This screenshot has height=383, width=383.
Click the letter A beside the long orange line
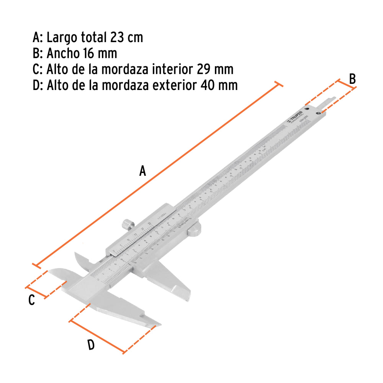coord(142,171)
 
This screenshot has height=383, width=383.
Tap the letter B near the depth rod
coord(352,79)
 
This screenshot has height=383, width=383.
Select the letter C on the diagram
coord(31,300)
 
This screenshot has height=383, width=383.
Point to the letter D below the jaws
coord(91,345)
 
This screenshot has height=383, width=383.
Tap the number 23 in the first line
coord(117,38)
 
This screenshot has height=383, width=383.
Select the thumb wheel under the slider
coord(194,229)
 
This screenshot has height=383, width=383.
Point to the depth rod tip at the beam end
coord(334,98)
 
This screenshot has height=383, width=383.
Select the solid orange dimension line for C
coord(36,292)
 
